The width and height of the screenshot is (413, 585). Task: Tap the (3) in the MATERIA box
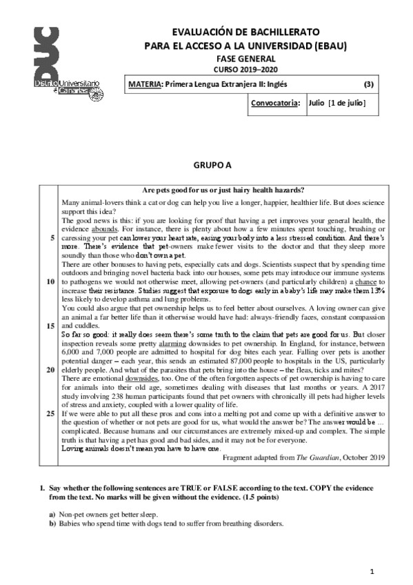pos(368,85)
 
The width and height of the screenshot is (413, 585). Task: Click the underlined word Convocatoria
pos(276,103)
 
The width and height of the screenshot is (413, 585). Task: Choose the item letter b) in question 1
pos(52,524)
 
